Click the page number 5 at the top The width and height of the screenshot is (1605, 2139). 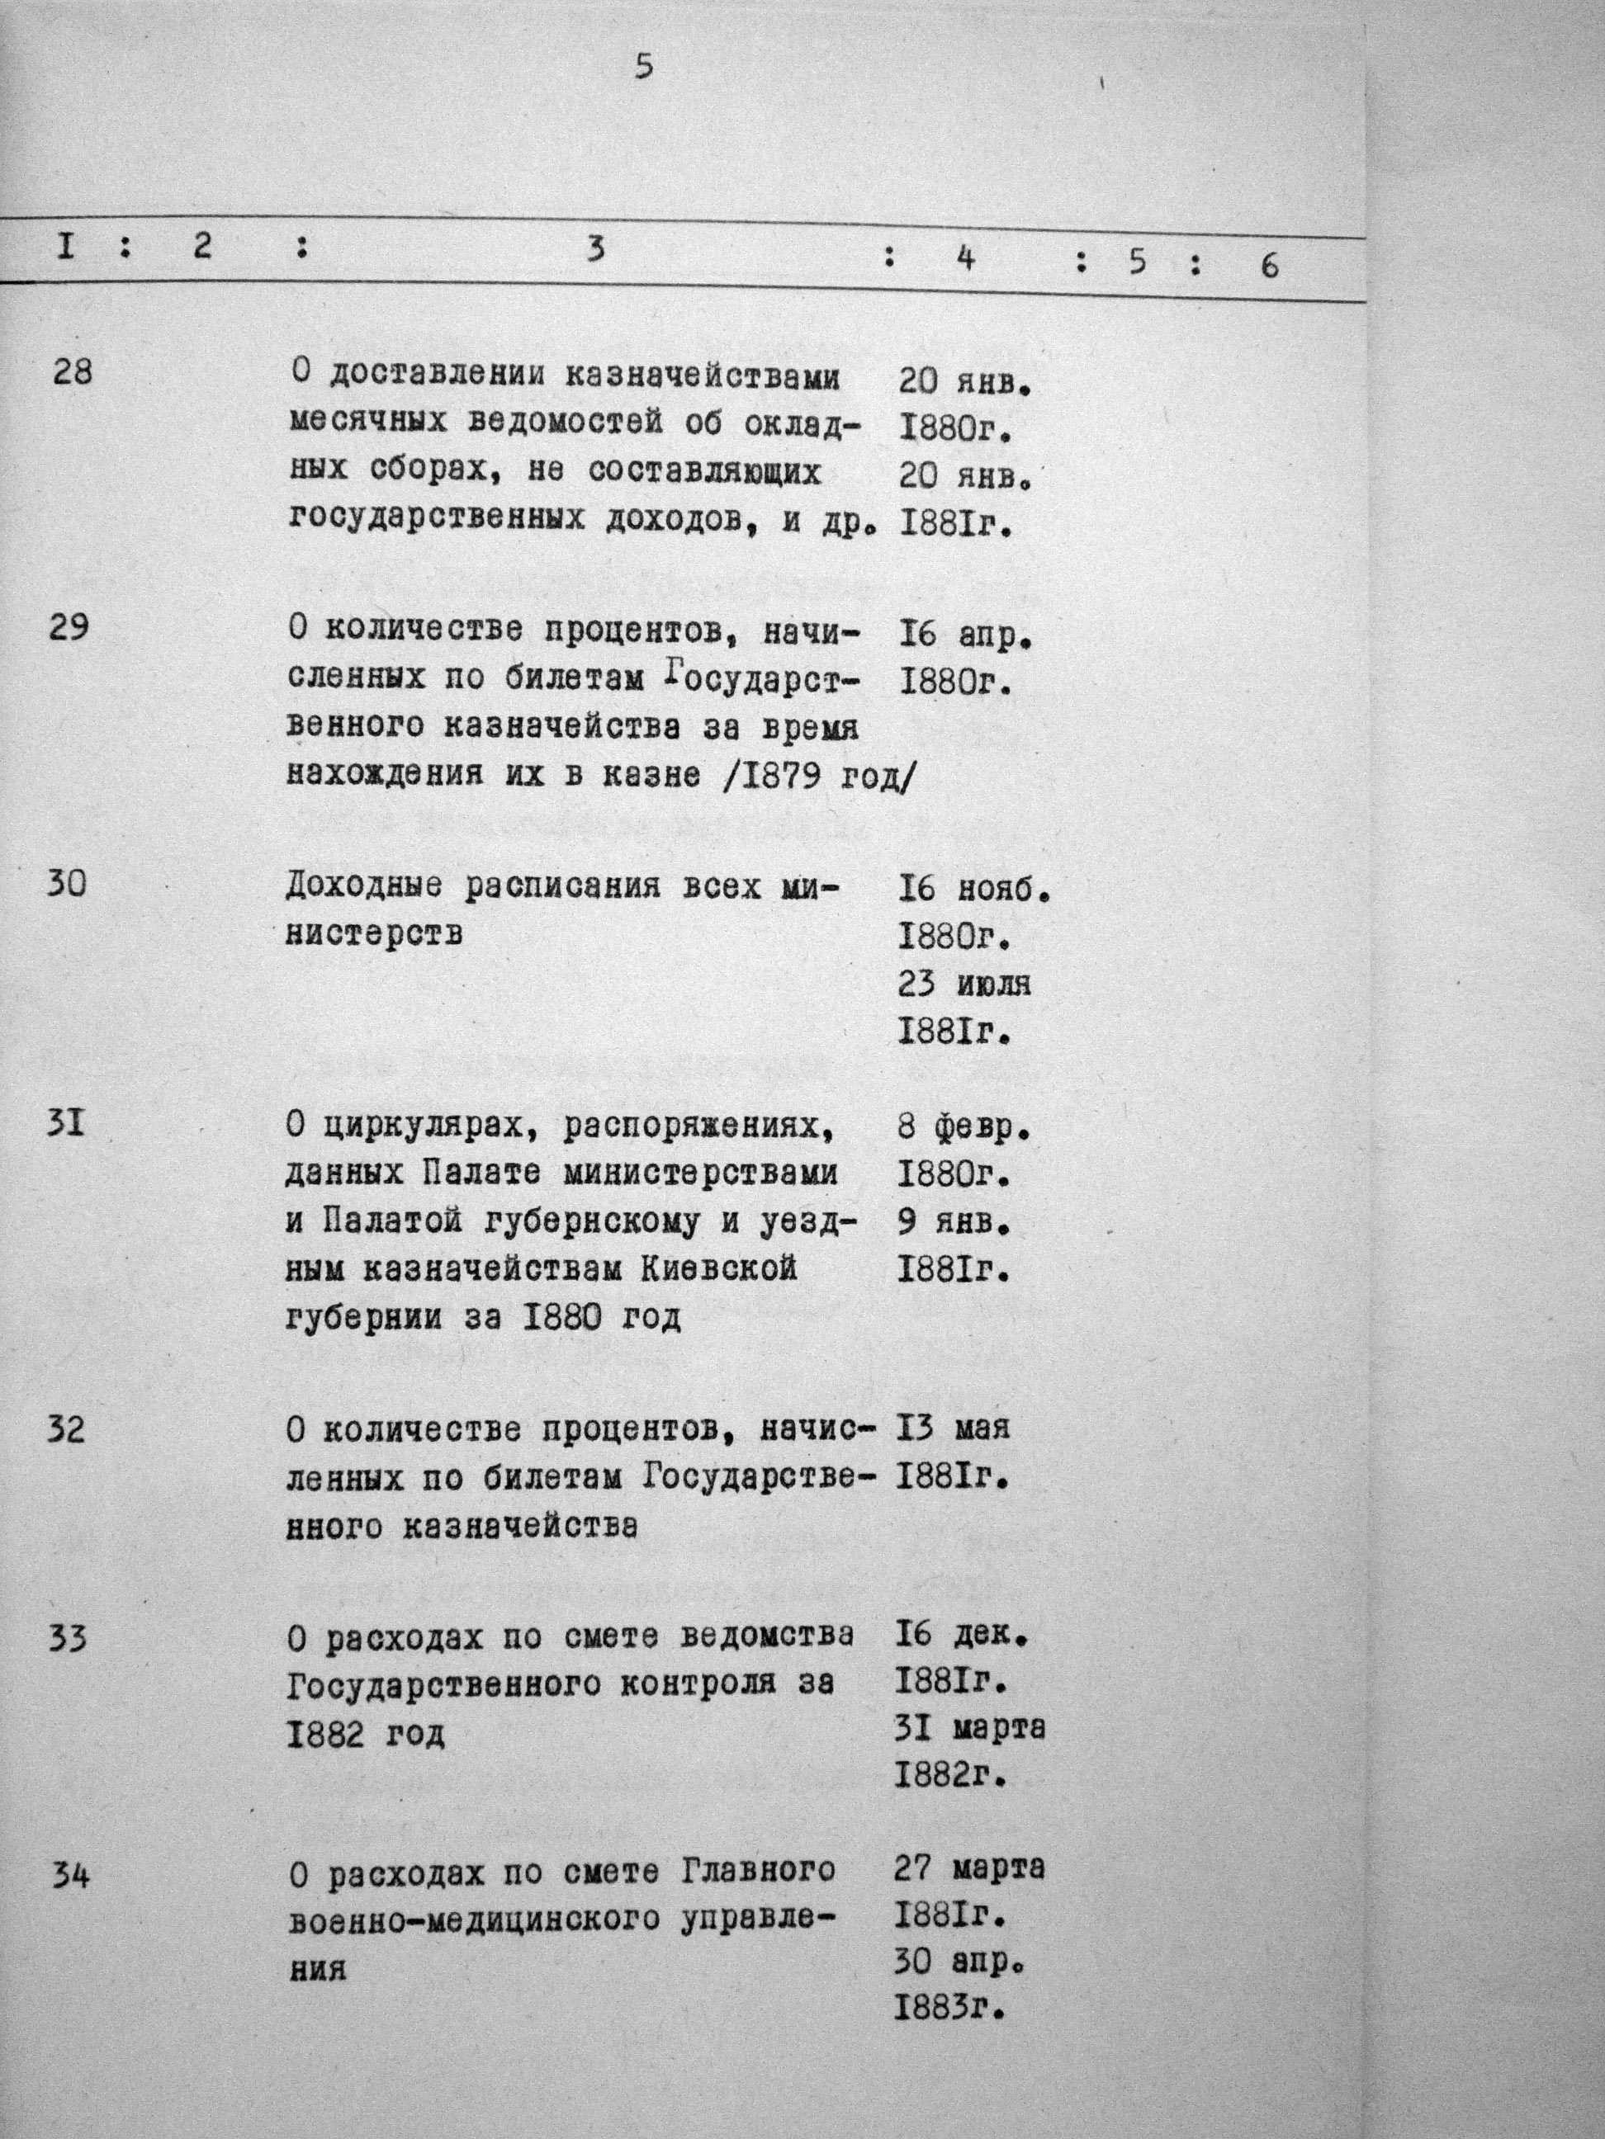[643, 68]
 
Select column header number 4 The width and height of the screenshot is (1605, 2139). [964, 259]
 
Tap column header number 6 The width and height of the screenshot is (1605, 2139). [1269, 265]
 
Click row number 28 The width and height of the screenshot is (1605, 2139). [72, 371]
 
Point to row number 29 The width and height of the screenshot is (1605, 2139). [69, 626]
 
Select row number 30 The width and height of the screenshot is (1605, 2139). [67, 883]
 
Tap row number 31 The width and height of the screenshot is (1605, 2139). [66, 1124]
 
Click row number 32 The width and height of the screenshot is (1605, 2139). [67, 1428]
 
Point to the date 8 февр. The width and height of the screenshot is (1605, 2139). [963, 1128]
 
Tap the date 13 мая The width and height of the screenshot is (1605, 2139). [954, 1428]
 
